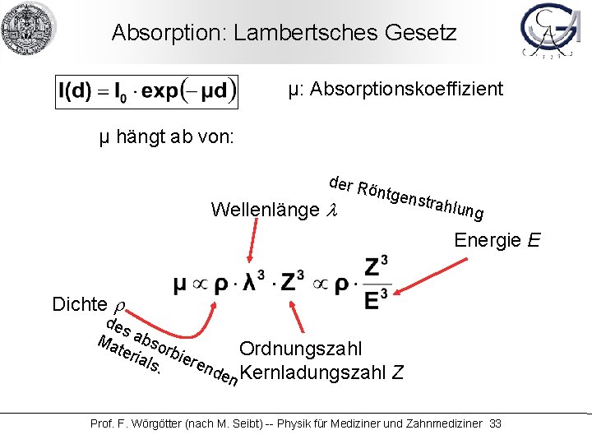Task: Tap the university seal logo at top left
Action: tap(28, 29)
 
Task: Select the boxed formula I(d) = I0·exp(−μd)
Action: tap(146, 90)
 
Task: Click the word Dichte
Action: tap(80, 304)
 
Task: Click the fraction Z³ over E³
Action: tap(374, 284)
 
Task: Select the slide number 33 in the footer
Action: tap(495, 423)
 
